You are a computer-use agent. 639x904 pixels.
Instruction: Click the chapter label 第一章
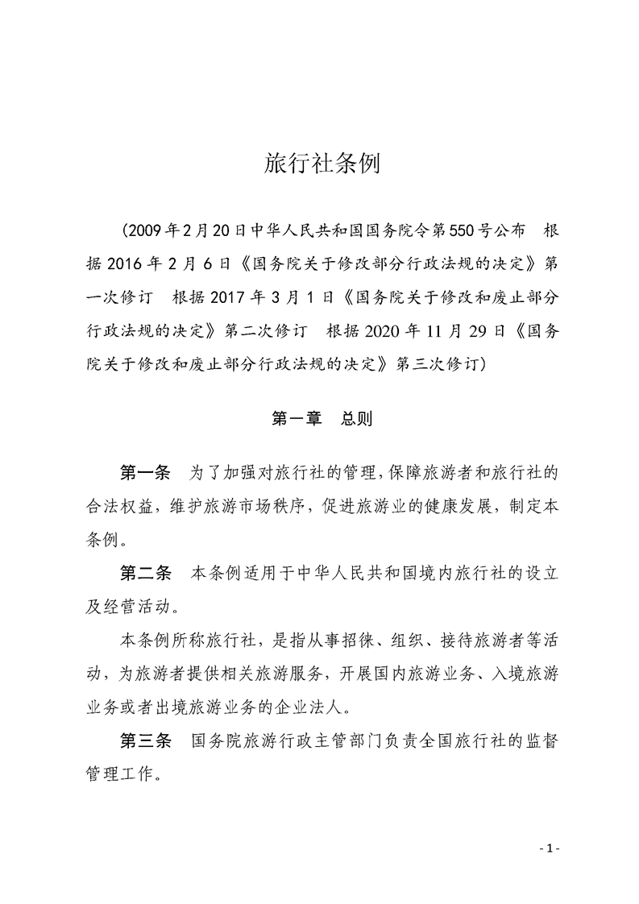coord(297,420)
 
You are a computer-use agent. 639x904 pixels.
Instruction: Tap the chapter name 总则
coord(355,420)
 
